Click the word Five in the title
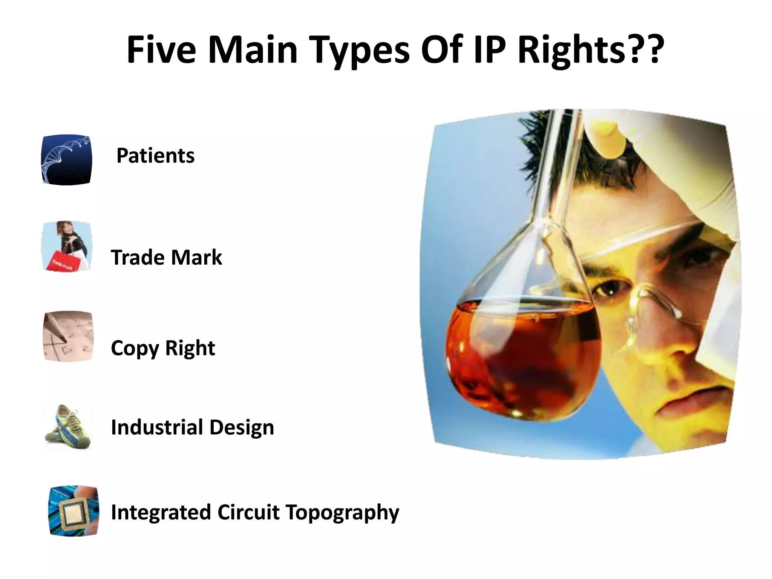[161, 51]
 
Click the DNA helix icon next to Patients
[66, 160]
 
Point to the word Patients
[155, 156]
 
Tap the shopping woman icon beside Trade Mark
[67, 247]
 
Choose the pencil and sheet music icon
[68, 336]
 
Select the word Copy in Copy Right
[135, 348]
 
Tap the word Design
[242, 427]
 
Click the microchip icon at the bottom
[74, 511]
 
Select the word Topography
[342, 513]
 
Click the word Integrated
[161, 512]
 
